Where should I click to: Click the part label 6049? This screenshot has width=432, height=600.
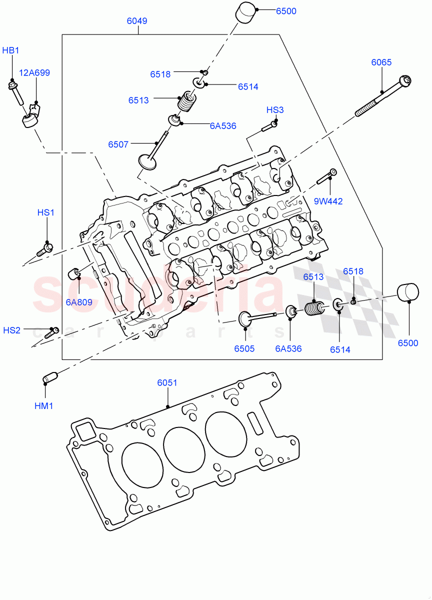click(x=136, y=21)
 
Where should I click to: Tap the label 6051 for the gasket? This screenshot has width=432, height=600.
click(x=167, y=383)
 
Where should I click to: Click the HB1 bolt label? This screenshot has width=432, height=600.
click(x=10, y=50)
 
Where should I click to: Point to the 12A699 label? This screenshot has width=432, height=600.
click(x=34, y=72)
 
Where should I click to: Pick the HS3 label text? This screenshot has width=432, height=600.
click(x=274, y=110)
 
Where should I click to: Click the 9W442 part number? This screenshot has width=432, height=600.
click(x=328, y=201)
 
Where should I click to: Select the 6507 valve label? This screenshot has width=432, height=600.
click(x=118, y=144)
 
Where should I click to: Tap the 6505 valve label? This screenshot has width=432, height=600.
click(x=244, y=348)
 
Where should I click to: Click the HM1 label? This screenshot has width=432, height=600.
click(x=43, y=405)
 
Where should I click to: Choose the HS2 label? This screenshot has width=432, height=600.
click(x=12, y=330)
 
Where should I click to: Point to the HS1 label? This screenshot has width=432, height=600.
click(x=45, y=212)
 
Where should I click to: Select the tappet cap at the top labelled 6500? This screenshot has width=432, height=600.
click(x=245, y=13)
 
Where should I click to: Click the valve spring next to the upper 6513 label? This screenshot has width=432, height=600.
click(x=186, y=102)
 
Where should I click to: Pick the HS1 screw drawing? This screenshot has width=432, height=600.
click(x=44, y=248)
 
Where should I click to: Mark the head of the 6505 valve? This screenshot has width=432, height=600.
click(x=245, y=319)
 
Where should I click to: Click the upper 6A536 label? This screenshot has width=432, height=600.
click(x=223, y=126)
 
